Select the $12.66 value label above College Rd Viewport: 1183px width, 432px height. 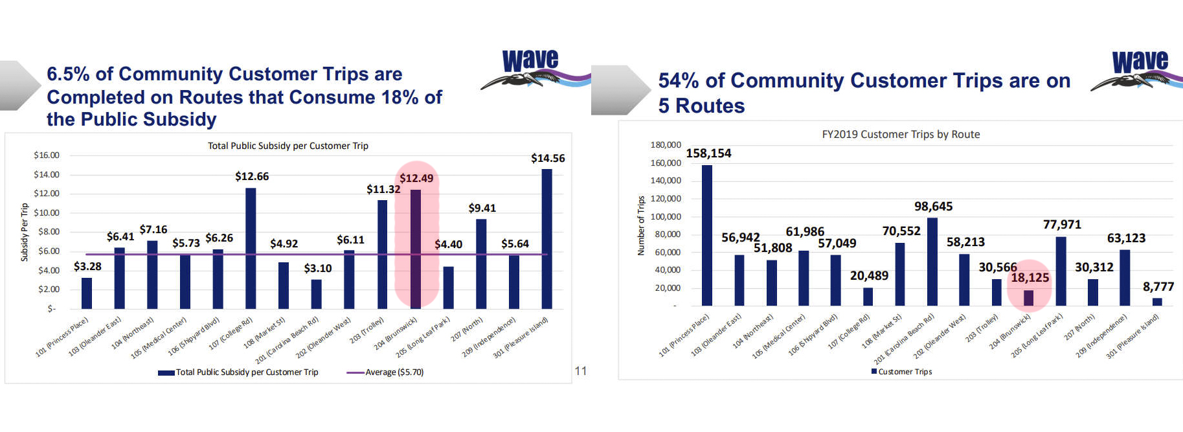tap(252, 176)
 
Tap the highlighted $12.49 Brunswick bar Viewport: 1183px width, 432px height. tap(416, 249)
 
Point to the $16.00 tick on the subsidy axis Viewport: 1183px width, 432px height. tap(47, 155)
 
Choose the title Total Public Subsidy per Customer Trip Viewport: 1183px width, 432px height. tap(287, 146)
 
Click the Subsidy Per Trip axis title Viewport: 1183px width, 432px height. tap(25, 232)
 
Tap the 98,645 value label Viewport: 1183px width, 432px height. tap(933, 207)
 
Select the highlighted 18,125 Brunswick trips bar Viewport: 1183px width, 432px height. tap(1028, 298)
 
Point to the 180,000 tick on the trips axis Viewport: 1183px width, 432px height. tap(666, 145)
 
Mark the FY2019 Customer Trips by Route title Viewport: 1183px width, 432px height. tap(901, 134)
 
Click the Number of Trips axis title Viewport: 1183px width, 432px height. tap(641, 225)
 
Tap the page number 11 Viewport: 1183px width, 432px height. tap(581, 371)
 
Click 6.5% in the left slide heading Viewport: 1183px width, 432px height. tap(68, 74)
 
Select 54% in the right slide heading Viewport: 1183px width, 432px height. tap(678, 81)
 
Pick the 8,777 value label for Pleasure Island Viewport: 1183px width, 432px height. tap(1158, 286)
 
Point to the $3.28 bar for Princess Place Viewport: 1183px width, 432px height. tap(87, 293)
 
